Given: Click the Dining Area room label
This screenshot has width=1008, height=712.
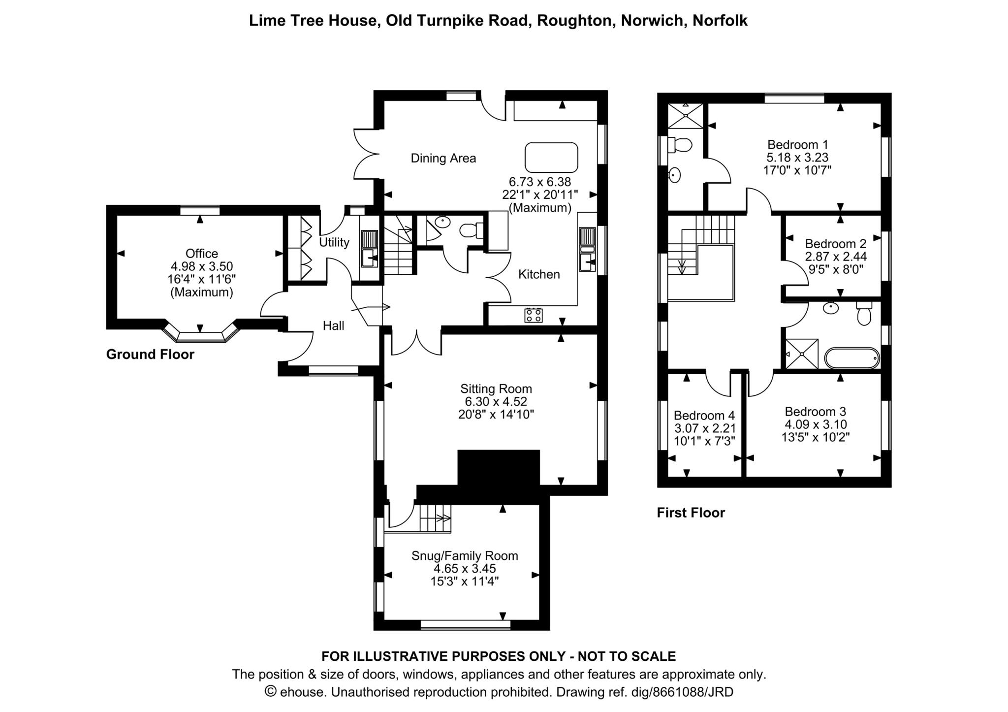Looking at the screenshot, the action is [x=443, y=158].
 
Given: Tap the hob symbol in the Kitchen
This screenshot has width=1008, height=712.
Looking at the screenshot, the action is [x=534, y=315].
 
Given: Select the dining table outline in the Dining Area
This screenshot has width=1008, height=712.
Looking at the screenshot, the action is [x=551, y=158].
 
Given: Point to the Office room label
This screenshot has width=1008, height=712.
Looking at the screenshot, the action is [x=202, y=253].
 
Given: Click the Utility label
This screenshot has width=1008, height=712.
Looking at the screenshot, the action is [x=334, y=242].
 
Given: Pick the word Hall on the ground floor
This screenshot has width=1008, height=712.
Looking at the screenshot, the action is [x=333, y=325].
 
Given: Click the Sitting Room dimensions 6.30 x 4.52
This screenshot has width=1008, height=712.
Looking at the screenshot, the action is [x=496, y=401].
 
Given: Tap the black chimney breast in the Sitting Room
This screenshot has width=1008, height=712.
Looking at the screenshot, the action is [x=499, y=468].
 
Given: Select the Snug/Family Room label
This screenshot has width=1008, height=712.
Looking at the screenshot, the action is [x=465, y=555].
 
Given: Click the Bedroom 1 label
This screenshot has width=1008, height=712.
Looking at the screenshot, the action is [x=798, y=145].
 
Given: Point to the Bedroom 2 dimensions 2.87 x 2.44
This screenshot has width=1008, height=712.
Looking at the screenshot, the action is [x=836, y=257].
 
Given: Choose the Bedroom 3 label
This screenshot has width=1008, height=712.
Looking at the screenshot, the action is [x=816, y=412].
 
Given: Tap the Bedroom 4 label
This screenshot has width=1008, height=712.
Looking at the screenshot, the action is [x=704, y=415].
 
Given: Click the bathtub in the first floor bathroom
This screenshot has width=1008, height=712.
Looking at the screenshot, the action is [x=852, y=358].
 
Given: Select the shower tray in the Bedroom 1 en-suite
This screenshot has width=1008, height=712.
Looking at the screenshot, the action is [x=686, y=116].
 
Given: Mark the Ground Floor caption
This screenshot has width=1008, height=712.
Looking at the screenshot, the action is [x=150, y=355].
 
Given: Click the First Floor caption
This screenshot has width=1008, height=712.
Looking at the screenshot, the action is [x=691, y=513].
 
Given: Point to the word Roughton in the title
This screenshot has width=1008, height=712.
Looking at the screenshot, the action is [x=574, y=21].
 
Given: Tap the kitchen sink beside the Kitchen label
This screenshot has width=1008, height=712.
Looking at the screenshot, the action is [x=587, y=249].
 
